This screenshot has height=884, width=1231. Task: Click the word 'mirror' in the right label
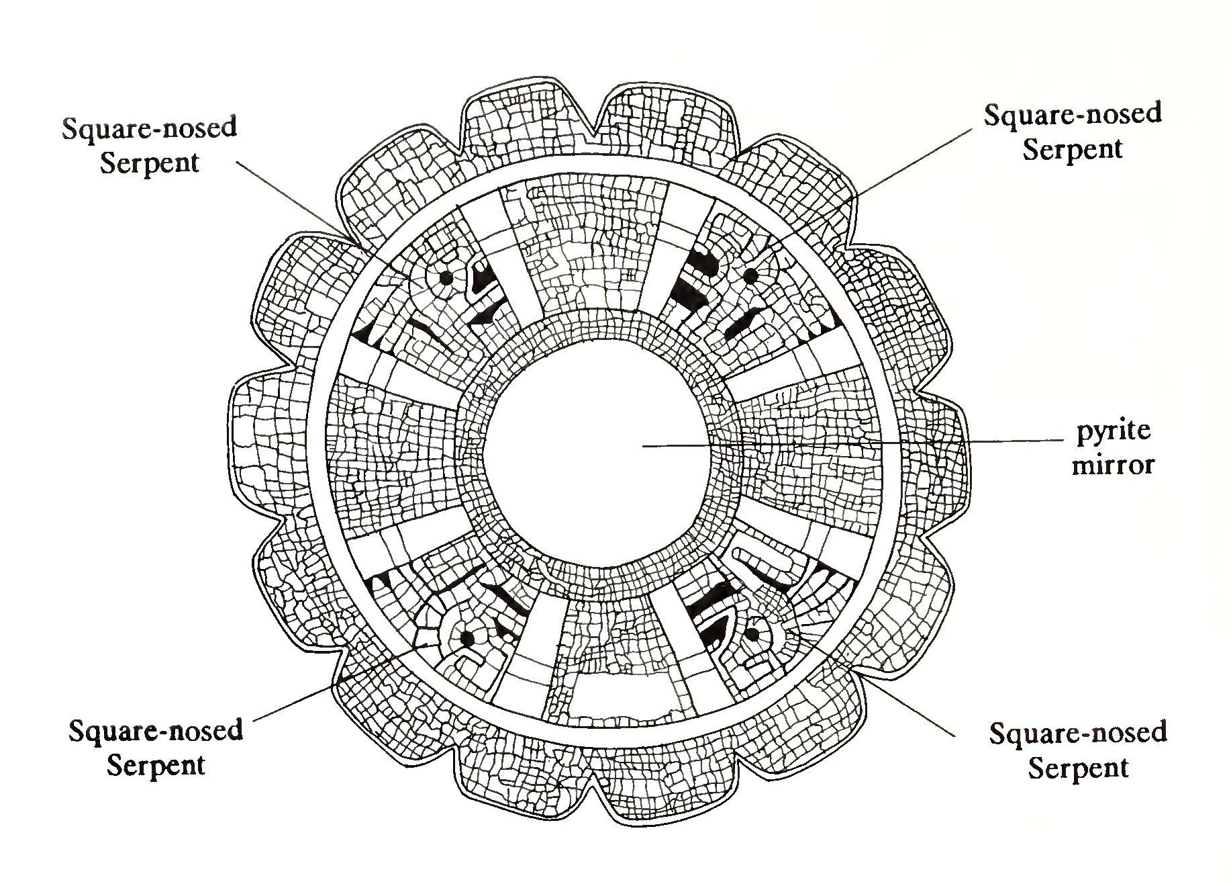pos(1113,464)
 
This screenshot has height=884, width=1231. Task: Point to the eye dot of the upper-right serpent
pos(750,275)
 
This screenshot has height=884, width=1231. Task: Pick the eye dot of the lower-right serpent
pos(753,633)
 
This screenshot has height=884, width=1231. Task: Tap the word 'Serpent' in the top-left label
pos(149,163)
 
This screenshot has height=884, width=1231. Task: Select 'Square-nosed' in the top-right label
pos(1073,114)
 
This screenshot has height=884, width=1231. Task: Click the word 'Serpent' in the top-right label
pos(1072,148)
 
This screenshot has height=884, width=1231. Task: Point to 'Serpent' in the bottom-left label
pos(155,765)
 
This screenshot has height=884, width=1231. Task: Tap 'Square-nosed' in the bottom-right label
pos(1077,733)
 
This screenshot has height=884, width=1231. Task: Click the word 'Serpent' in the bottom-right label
pos(1077,767)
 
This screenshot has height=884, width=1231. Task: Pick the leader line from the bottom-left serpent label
pos(302,699)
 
